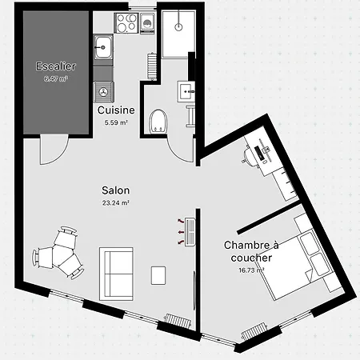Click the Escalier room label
[56, 66]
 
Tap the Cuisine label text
[116, 110]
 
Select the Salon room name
[116, 190]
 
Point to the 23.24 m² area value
[116, 203]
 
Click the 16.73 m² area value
[251, 270]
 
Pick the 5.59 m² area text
[116, 122]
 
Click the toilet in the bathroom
[158, 121]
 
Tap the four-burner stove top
[126, 22]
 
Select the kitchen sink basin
[103, 48]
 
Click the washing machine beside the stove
[147, 23]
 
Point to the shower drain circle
[178, 26]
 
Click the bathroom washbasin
[186, 92]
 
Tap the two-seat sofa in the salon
[116, 274]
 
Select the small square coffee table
[158, 275]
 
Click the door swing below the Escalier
[54, 150]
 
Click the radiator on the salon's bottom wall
[178, 321]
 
